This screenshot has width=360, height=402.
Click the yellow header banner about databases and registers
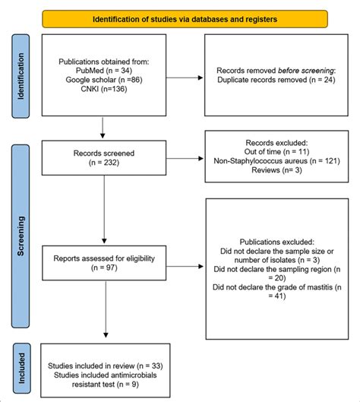185,18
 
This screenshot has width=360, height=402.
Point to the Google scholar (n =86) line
105,79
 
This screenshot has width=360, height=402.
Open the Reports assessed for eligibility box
105,263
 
